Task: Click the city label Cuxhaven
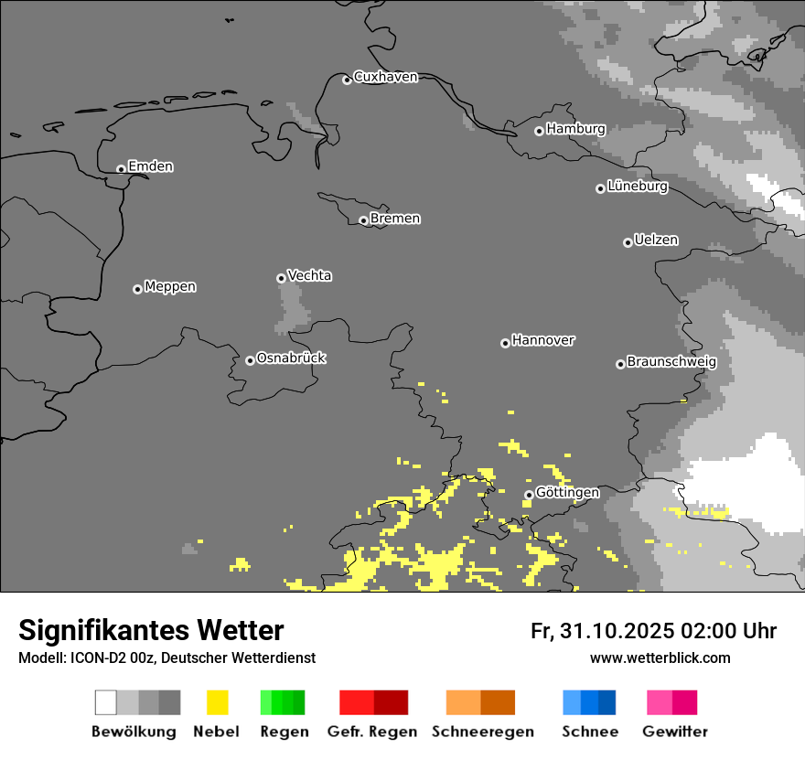pyautogui.click(x=385, y=77)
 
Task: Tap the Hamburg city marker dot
pyautogui.click(x=539, y=131)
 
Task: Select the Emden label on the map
pyautogui.click(x=150, y=166)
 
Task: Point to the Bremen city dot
pyautogui.click(x=363, y=220)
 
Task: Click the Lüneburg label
pyautogui.click(x=638, y=187)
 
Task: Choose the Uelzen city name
pyautogui.click(x=656, y=240)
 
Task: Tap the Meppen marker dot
pyautogui.click(x=137, y=289)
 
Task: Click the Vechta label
pyautogui.click(x=309, y=275)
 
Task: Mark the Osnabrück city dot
pyautogui.click(x=250, y=360)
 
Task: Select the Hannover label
pyautogui.click(x=543, y=340)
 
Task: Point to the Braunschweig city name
pyautogui.click(x=671, y=361)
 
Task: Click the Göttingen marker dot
pyautogui.click(x=529, y=495)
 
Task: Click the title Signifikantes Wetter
pyautogui.click(x=151, y=630)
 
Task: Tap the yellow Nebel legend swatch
pyautogui.click(x=217, y=702)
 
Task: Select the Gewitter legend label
pyautogui.click(x=674, y=732)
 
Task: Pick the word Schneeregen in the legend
pyautogui.click(x=482, y=732)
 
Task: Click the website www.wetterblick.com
pyautogui.click(x=660, y=657)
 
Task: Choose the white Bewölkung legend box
pyautogui.click(x=106, y=702)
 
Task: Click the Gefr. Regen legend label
pyautogui.click(x=371, y=732)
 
